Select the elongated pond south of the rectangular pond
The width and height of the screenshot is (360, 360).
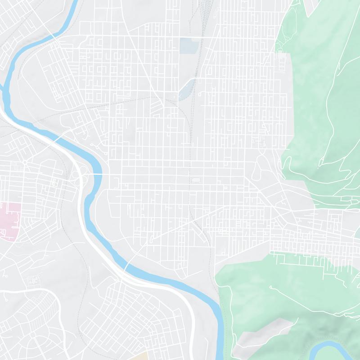(186, 88)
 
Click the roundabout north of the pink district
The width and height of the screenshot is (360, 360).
(25, 162)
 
